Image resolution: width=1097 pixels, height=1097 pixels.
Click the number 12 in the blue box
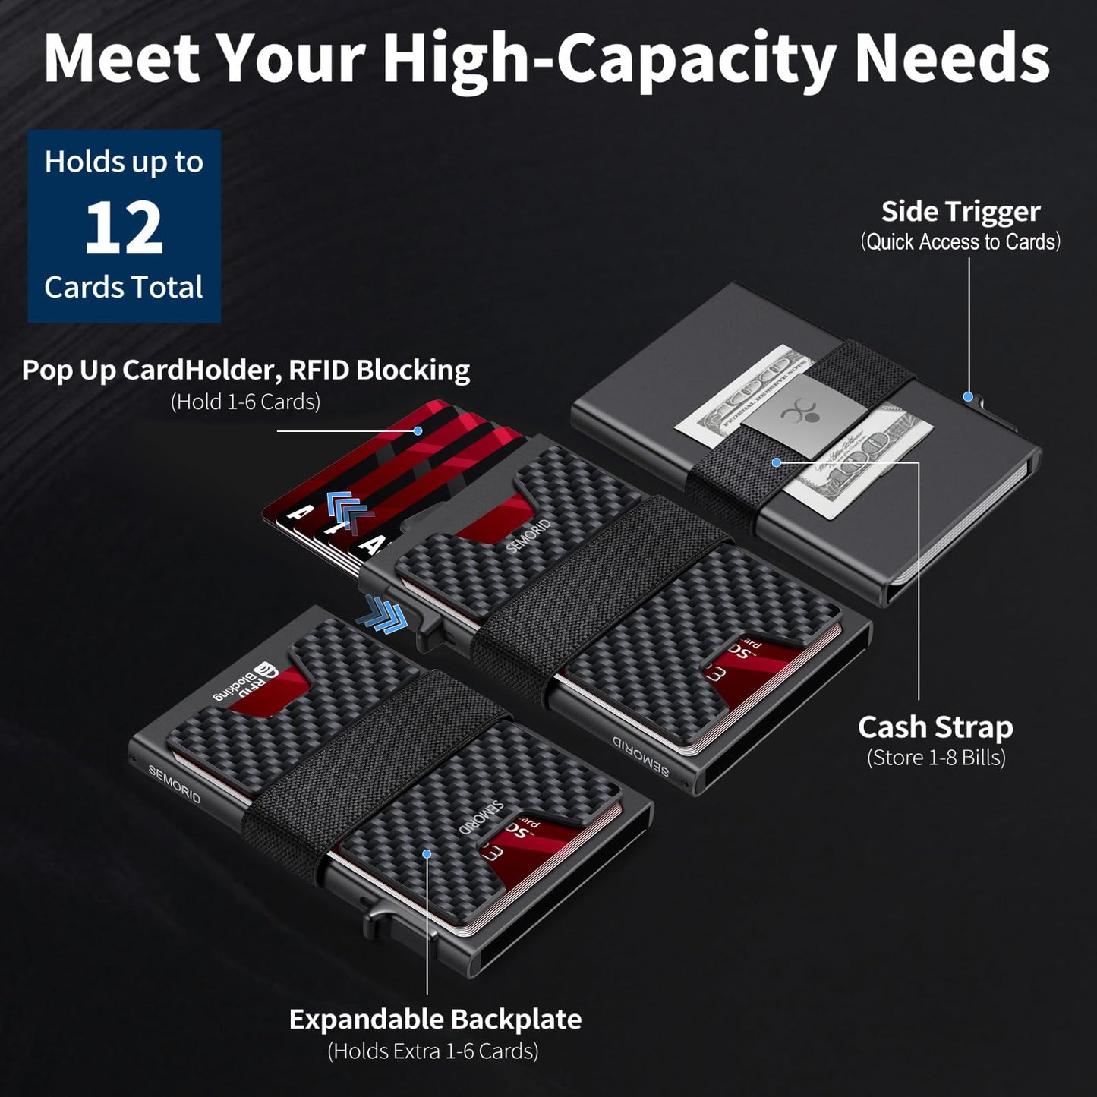[124, 228]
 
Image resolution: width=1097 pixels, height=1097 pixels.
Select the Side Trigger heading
[960, 212]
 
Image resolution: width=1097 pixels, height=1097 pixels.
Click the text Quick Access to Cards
[960, 242]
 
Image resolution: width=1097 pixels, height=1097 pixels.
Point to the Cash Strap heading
[935, 727]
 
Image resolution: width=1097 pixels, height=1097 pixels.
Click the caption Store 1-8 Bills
[936, 758]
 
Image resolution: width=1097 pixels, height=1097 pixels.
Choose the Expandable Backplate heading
[435, 1019]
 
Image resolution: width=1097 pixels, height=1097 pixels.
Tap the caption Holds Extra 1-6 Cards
[433, 1051]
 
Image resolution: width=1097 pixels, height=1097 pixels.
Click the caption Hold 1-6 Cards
[245, 402]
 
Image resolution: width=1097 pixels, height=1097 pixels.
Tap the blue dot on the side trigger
[968, 396]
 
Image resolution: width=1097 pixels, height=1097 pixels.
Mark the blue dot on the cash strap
[776, 462]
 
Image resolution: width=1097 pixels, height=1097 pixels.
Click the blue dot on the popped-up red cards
[418, 430]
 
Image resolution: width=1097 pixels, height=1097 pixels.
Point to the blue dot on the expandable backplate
[427, 854]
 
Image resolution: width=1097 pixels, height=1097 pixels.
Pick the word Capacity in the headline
[696, 58]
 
